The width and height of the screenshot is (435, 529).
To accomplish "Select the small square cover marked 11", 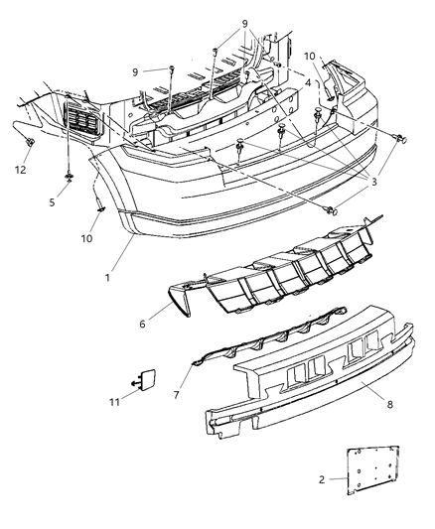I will point(146,379).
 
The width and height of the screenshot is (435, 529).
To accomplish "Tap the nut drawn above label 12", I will point(29,145).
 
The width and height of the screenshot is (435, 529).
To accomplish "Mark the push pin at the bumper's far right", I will point(402,138).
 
